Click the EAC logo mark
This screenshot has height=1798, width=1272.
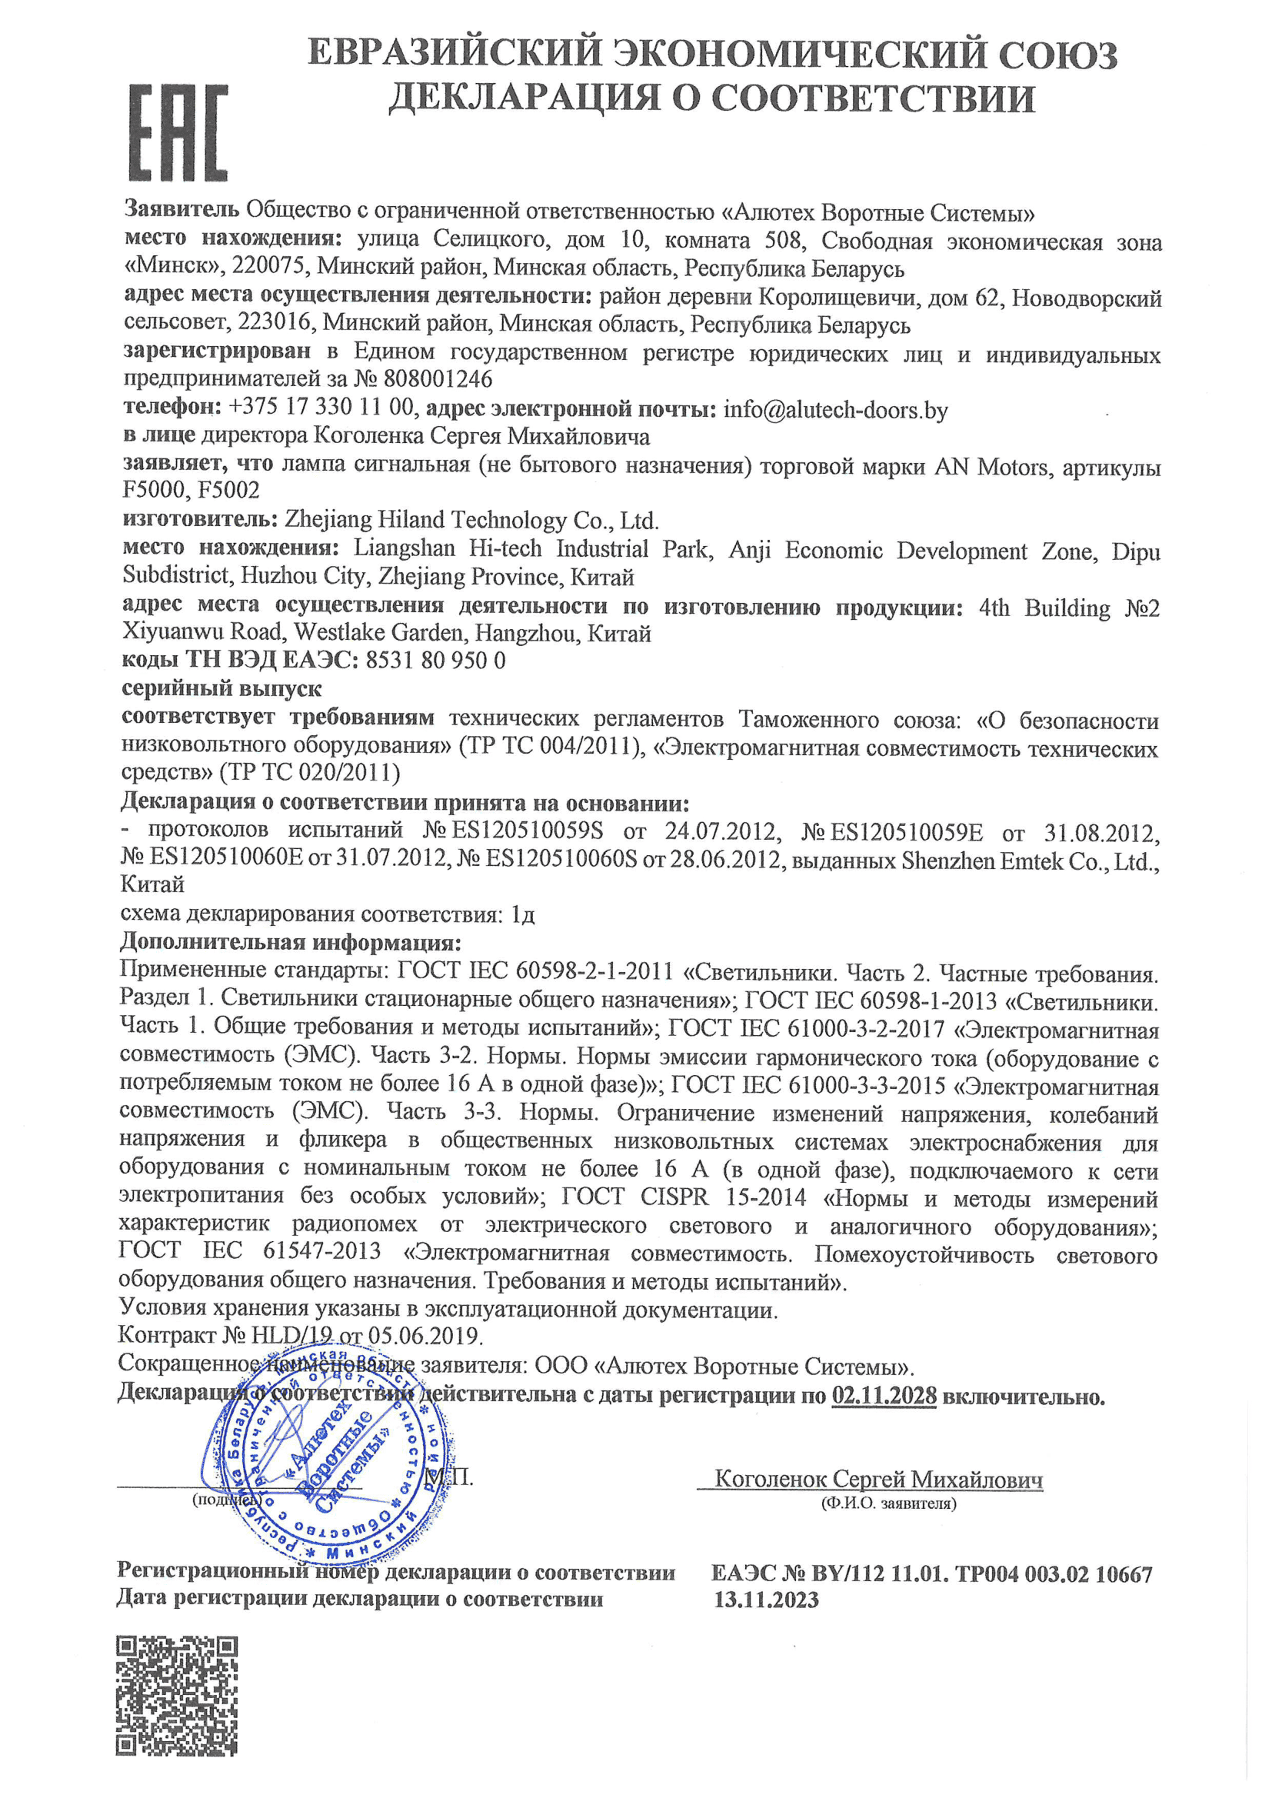(x=178, y=132)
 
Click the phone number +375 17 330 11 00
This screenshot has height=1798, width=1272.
(x=321, y=408)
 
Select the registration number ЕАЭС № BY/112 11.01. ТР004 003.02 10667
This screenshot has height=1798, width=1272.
(x=931, y=1574)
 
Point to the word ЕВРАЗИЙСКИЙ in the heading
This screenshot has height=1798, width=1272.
(x=455, y=54)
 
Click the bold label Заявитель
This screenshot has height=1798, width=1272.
(x=181, y=209)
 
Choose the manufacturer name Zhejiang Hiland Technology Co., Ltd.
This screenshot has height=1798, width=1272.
(x=471, y=520)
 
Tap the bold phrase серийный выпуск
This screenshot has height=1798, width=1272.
(x=221, y=688)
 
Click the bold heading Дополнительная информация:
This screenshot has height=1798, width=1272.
(x=290, y=942)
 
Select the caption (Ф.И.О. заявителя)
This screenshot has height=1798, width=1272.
(x=888, y=1503)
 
